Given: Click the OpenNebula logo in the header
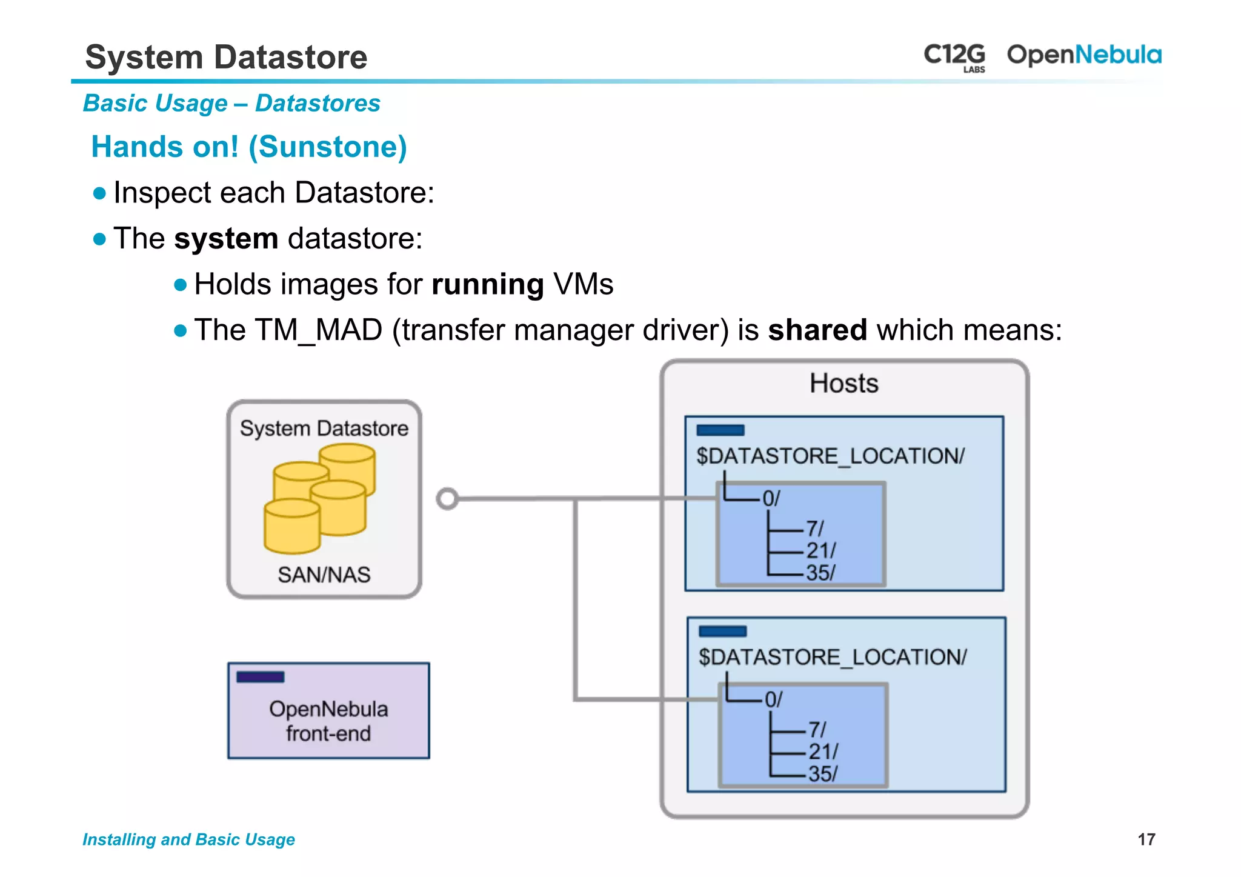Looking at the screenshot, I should point(1083,55).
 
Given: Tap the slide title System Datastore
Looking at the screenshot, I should point(226,57).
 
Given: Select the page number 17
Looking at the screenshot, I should point(1146,839).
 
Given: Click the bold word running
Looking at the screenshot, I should point(487,284).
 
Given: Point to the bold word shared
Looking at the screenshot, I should point(817,330).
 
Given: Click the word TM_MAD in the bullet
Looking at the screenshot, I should point(318,331).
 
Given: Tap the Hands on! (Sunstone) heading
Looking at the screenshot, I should point(248,147).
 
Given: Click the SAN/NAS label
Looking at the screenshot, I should point(324,575).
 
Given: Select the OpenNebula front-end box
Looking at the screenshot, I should point(328,711).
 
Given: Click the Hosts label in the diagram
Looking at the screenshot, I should point(843,384).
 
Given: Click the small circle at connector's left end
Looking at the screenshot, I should point(447,499).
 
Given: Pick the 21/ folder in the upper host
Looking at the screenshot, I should point(820,550).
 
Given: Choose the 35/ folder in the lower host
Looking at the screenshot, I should point(823,774).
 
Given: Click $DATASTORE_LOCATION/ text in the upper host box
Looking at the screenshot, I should point(830,456).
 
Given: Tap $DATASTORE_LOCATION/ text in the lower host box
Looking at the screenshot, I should point(833,657).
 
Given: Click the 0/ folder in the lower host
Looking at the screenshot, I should point(773,699).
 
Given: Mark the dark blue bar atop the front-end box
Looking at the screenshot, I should point(260,677).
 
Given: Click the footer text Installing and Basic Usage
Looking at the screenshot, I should point(188,839).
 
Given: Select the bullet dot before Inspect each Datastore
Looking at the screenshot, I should point(100,193).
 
